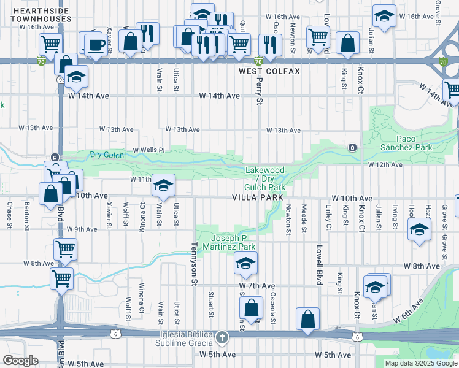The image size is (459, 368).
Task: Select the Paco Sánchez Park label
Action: [x=414, y=143]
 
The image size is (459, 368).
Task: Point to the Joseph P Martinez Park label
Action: [x=233, y=242]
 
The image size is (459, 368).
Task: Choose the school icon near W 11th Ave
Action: [x=163, y=184]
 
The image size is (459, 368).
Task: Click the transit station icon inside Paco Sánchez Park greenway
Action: [x=352, y=148]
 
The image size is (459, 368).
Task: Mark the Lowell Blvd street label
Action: [x=319, y=260]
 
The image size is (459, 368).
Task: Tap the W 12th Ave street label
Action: [x=387, y=165]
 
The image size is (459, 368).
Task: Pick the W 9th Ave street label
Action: [x=82, y=229]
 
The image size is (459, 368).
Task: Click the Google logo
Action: [x=20, y=361]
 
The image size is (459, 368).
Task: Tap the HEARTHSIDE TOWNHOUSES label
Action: [x=40, y=15]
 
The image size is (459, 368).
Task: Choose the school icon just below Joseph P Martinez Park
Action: [x=245, y=264]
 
